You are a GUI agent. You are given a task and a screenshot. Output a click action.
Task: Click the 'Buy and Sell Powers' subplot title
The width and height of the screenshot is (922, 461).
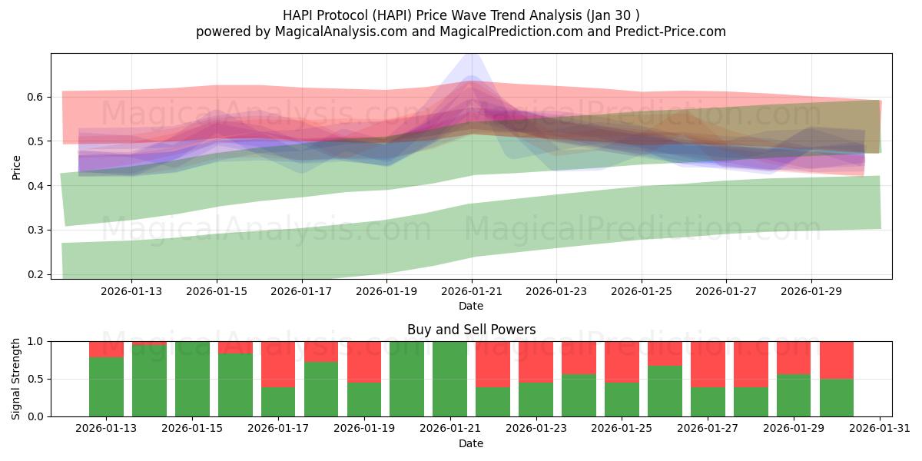click(471, 330)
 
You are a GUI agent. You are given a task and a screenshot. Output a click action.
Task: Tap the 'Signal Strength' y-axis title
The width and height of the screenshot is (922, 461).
click(16, 379)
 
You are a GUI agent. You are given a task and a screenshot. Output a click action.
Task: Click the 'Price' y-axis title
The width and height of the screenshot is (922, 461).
click(16, 166)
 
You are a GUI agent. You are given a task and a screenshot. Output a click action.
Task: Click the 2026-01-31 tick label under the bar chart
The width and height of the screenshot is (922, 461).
click(880, 429)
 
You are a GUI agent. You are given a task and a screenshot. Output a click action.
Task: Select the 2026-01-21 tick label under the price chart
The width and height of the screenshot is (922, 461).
click(472, 291)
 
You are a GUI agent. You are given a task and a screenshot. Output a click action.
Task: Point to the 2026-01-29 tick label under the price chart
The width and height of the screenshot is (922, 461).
click(812, 291)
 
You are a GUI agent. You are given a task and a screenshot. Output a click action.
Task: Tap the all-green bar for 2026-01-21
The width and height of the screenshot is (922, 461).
click(449, 379)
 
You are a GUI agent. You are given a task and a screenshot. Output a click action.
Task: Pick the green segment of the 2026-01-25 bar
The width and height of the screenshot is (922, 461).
click(622, 400)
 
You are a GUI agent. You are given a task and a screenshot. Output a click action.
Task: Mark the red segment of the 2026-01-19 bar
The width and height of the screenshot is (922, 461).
click(364, 361)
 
